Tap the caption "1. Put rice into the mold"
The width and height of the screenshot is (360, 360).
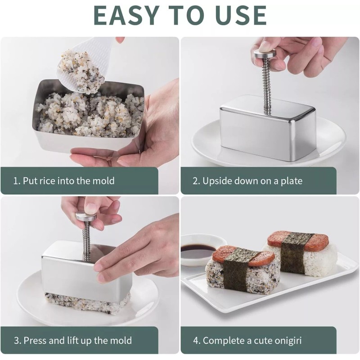pyautogui.click(x=63, y=181)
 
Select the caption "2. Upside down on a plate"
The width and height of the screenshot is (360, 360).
pyautogui.click(x=247, y=181)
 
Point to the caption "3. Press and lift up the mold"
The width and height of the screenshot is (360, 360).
pyautogui.click(x=72, y=340)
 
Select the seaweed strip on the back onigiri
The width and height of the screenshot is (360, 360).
pyautogui.click(x=293, y=253)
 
